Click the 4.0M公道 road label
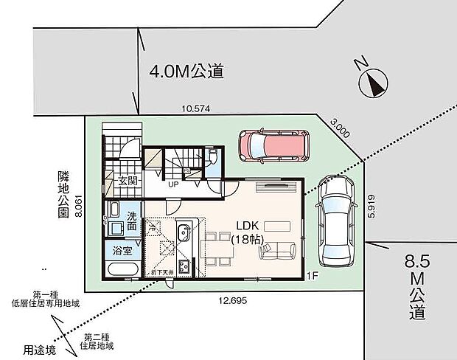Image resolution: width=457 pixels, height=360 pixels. point(186,72)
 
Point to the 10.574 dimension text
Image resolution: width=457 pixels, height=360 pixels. point(196,108)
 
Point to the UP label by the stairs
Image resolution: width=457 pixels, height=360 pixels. point(172,185)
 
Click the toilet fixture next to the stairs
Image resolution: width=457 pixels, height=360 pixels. point(212,157)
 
